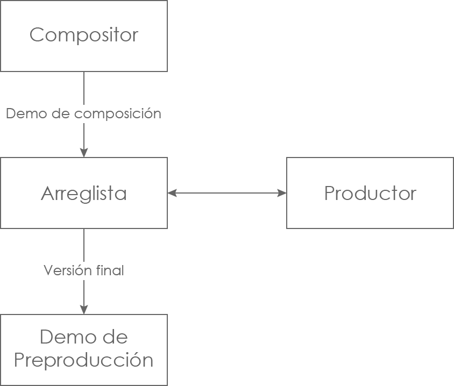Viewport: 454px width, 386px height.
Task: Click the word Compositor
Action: (x=83, y=35)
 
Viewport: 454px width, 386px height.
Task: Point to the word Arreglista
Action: (x=83, y=194)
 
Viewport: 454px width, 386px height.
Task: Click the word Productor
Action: (x=370, y=194)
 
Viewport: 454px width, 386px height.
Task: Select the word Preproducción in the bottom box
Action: (x=83, y=360)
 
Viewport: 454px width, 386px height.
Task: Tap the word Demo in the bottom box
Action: (x=61, y=338)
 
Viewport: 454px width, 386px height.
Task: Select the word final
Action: (x=112, y=270)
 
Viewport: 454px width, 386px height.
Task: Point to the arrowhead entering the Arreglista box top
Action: (x=84, y=153)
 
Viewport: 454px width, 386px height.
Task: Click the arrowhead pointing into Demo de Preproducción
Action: (x=84, y=310)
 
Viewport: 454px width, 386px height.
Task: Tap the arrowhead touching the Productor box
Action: (x=282, y=193)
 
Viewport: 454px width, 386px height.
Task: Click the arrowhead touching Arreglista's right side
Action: (x=172, y=193)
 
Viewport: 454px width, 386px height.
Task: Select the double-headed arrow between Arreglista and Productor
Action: (x=227, y=193)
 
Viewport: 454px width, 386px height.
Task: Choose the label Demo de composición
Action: (x=83, y=114)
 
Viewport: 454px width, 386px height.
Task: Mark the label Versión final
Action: (x=83, y=270)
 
